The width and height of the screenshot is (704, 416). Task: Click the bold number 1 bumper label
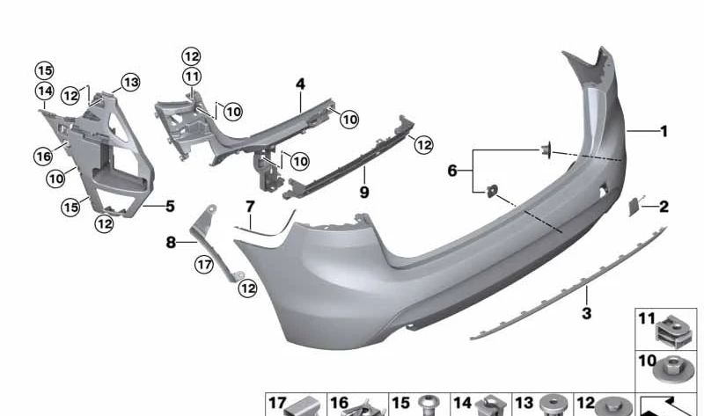click(x=664, y=132)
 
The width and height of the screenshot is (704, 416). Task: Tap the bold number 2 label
click(x=664, y=208)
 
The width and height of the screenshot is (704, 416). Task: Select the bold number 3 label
click(x=587, y=313)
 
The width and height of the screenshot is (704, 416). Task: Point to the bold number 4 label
click(x=300, y=84)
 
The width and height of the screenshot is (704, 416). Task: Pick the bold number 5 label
click(x=170, y=207)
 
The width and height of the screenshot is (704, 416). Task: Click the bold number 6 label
click(x=452, y=171)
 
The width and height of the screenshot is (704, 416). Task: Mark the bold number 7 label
click(x=249, y=208)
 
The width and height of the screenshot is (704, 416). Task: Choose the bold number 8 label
click(x=172, y=242)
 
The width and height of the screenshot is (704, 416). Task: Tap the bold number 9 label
click(x=363, y=191)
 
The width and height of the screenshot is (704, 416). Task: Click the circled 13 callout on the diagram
click(x=131, y=83)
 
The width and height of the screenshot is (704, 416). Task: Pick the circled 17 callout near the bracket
click(x=204, y=263)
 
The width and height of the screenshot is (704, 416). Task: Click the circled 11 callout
click(x=192, y=76)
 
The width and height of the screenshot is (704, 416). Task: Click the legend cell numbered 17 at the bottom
click(x=296, y=405)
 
